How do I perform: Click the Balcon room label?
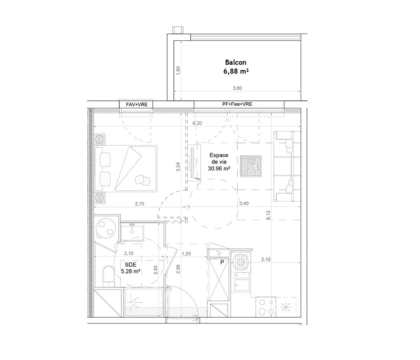[x=236, y=63]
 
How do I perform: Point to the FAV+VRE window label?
[x=136, y=105]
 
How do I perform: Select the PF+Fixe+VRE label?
[x=237, y=104]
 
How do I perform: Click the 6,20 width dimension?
[x=197, y=123]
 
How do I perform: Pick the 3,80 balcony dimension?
[x=237, y=88]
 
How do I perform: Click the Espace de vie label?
[x=219, y=158]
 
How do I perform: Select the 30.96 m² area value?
[x=219, y=168]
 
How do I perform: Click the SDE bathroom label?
[x=131, y=265]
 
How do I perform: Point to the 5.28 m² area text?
[x=131, y=271]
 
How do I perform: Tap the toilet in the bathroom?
[x=108, y=276]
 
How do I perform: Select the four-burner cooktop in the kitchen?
[x=266, y=307]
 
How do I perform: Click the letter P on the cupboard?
[x=222, y=263]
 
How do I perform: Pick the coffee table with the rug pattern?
[x=251, y=166]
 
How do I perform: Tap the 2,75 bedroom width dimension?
[x=139, y=204]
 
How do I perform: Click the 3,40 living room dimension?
[x=244, y=204]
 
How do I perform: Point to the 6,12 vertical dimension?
[x=268, y=215]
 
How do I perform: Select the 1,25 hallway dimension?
[x=186, y=254]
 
